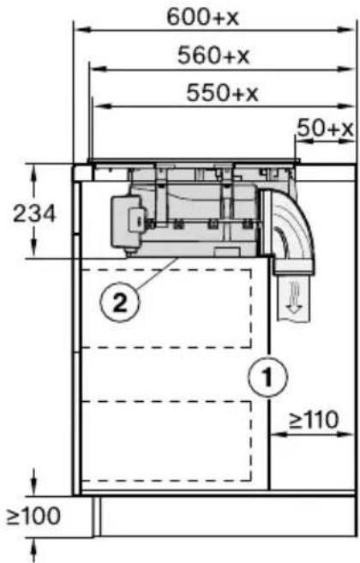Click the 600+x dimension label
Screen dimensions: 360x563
[x=202, y=17]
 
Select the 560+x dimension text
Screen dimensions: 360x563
[x=213, y=55]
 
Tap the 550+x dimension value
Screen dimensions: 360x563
[x=222, y=93]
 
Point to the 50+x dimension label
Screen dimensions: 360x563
[x=326, y=129]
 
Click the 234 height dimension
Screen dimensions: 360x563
[x=34, y=213]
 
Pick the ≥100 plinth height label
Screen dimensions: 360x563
[x=33, y=517]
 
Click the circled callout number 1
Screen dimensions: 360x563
[x=267, y=377]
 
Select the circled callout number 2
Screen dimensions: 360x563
[x=120, y=302]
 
